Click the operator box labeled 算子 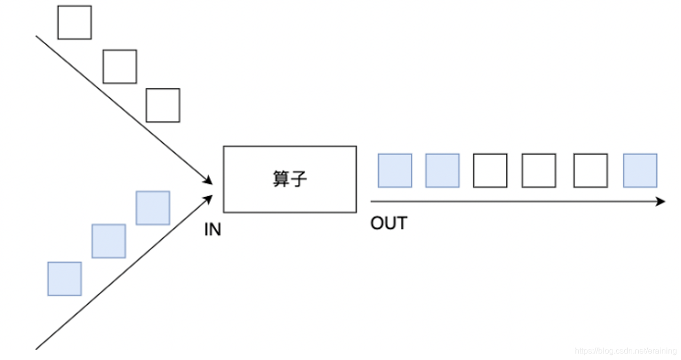[x=290, y=179]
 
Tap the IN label [x=212, y=230]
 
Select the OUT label [x=388, y=223]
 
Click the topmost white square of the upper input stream [x=74, y=22]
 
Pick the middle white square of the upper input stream [x=120, y=66]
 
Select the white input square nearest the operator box [x=163, y=105]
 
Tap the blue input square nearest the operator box [x=153, y=208]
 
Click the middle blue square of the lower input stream [x=109, y=241]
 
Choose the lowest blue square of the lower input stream [x=64, y=279]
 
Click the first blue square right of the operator [x=395, y=170]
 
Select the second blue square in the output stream [x=442, y=170]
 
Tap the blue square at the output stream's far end [x=640, y=170]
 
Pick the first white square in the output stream [x=490, y=170]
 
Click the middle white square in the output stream [x=539, y=170]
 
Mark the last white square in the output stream [x=590, y=170]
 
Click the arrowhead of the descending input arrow [x=208, y=181]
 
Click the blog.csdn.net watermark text [x=626, y=351]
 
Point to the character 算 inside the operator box [x=281, y=179]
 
